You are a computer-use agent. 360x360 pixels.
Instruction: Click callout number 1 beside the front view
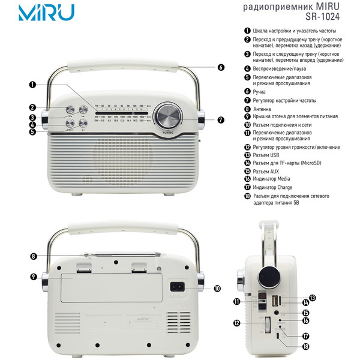pyautogui.click(x=32, y=85)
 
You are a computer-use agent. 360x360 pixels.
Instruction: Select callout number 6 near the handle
pyautogui.click(x=221, y=68)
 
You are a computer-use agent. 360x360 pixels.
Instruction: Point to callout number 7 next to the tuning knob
pyautogui.click(x=221, y=120)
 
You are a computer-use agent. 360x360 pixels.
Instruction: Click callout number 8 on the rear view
pyautogui.click(x=34, y=256)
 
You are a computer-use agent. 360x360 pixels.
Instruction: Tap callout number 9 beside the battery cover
pyautogui.click(x=34, y=277)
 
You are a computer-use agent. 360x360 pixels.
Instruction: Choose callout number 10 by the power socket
pyautogui.click(x=217, y=288)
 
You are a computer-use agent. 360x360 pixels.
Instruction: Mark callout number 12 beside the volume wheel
pyautogui.click(x=238, y=323)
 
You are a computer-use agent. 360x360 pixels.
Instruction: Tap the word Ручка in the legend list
pyautogui.click(x=262, y=92)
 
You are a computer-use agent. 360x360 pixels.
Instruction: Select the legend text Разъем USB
pyautogui.click(x=270, y=155)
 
